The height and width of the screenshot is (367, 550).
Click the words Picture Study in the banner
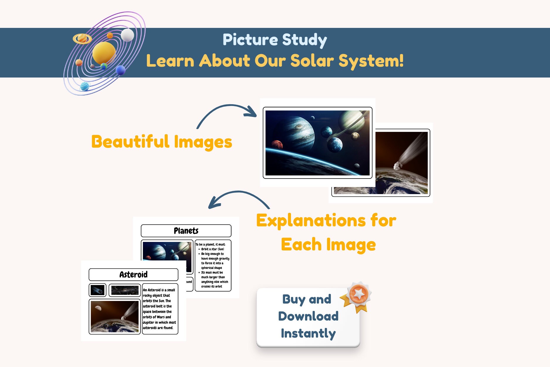(x=275, y=40)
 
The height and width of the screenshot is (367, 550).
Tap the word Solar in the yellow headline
(x=312, y=61)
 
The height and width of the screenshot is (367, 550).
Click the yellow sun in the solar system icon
(x=104, y=53)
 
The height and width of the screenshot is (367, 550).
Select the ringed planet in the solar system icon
(x=82, y=38)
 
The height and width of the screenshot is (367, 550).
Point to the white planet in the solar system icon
(x=127, y=35)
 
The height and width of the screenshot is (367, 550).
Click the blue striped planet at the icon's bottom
(x=84, y=87)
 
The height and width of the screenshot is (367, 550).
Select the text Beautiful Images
(x=162, y=142)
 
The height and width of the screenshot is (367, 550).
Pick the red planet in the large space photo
(x=277, y=145)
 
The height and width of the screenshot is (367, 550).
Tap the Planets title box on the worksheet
(x=186, y=231)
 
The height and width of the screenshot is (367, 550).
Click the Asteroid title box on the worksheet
(x=133, y=275)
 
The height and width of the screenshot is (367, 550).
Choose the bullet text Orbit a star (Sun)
(x=212, y=249)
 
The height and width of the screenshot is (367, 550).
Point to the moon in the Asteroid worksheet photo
(x=98, y=308)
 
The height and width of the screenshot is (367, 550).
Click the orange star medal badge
(x=358, y=295)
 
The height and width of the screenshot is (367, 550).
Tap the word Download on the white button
(x=308, y=316)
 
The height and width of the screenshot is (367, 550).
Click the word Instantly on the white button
(x=308, y=333)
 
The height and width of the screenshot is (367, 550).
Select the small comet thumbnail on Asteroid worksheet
(x=97, y=290)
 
